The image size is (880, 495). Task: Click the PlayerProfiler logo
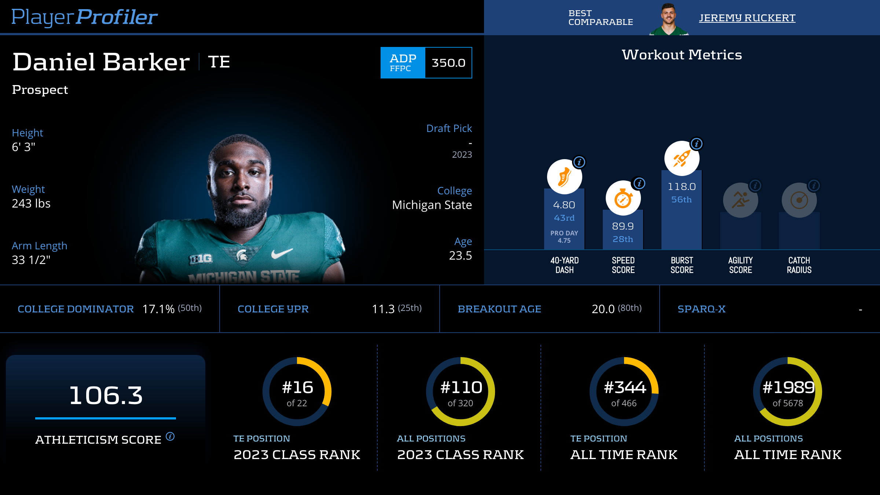click(84, 17)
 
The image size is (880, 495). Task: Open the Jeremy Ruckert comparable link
click(747, 18)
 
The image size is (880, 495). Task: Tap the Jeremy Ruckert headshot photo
click(668, 19)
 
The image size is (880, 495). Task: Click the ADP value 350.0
click(448, 63)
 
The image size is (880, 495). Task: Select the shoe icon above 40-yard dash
click(564, 177)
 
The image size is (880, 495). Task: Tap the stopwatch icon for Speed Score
click(623, 198)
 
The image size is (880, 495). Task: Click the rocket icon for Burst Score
click(682, 158)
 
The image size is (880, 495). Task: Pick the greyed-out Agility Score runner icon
click(740, 200)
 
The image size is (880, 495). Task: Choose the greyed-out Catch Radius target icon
click(799, 200)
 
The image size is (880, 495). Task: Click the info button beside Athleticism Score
click(170, 436)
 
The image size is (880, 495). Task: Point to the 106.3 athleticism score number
click(106, 395)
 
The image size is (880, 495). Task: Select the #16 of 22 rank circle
click(297, 392)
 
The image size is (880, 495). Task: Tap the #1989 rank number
click(788, 387)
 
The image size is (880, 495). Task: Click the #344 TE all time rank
click(624, 387)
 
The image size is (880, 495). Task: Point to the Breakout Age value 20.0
click(603, 309)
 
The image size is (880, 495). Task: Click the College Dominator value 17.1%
click(158, 309)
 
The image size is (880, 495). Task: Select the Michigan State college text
click(432, 205)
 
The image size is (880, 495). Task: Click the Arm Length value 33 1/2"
click(31, 260)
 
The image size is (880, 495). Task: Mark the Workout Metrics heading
click(682, 55)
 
